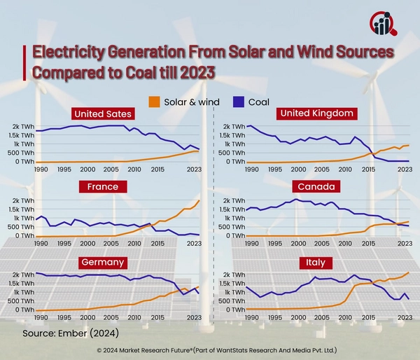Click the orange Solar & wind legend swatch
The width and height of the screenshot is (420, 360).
tap(154, 102)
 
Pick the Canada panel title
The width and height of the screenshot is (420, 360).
tap(308, 187)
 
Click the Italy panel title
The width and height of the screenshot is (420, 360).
tap(308, 262)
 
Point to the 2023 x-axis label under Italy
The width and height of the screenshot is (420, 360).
tap(405, 317)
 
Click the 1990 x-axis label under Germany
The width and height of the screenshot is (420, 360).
tap(41, 317)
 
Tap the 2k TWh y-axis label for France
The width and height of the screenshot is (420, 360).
tap(22, 200)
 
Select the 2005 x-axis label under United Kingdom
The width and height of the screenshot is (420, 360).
tap(321, 169)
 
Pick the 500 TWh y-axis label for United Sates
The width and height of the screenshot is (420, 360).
tap(20, 153)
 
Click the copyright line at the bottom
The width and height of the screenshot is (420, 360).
tap(210, 348)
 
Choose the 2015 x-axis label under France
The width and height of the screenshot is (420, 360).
tap(157, 243)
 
